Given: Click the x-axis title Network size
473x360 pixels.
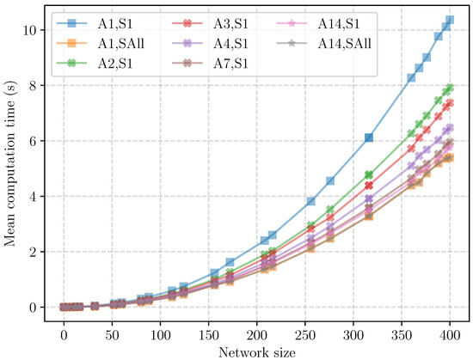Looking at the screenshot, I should (x=256, y=351).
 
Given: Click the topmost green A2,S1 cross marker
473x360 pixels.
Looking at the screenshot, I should (x=449, y=88).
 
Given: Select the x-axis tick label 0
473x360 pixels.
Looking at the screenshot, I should (x=63, y=333).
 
